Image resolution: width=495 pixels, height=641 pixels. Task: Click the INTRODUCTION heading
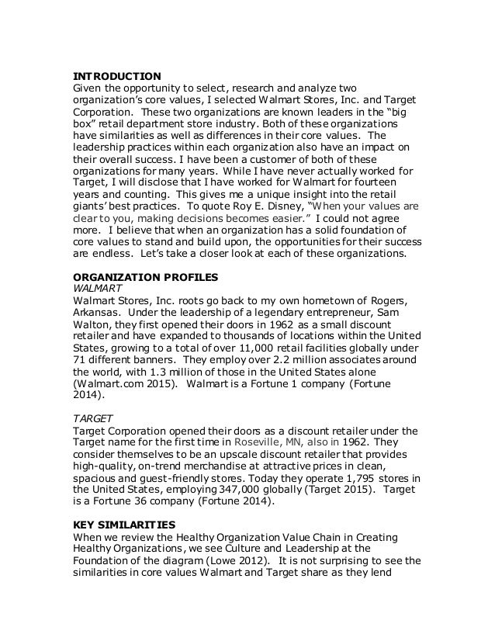(x=116, y=76)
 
